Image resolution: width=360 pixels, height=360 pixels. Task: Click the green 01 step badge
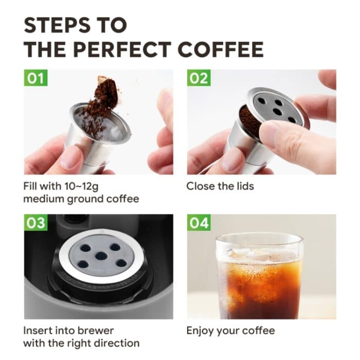coord(35,79)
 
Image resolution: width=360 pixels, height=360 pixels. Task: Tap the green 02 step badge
coord(199,79)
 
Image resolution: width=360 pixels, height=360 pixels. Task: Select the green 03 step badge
coord(35,223)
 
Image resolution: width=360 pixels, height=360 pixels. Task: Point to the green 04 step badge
coord(199,223)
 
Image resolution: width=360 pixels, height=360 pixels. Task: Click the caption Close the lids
coord(220,186)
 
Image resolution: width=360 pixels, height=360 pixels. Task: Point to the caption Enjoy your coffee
coord(230,330)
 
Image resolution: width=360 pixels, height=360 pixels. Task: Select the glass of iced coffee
coord(259,278)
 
